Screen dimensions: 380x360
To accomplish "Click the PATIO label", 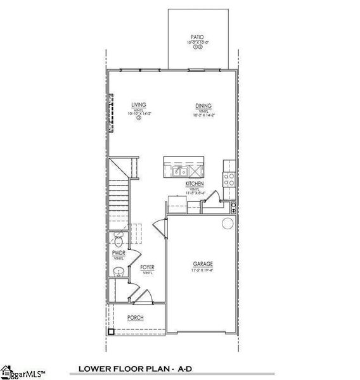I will [197, 37].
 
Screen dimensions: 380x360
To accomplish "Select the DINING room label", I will [203, 105].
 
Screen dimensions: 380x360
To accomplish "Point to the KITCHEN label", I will [194, 183].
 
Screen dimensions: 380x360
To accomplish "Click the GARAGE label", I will [203, 264].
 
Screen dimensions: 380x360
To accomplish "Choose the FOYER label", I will [147, 267].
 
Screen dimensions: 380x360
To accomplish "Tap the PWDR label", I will [119, 253].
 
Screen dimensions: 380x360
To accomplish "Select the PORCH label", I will [135, 317].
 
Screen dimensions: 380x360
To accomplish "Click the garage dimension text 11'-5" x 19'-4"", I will [203, 270].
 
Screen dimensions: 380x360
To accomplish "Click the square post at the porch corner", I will [110, 331].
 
